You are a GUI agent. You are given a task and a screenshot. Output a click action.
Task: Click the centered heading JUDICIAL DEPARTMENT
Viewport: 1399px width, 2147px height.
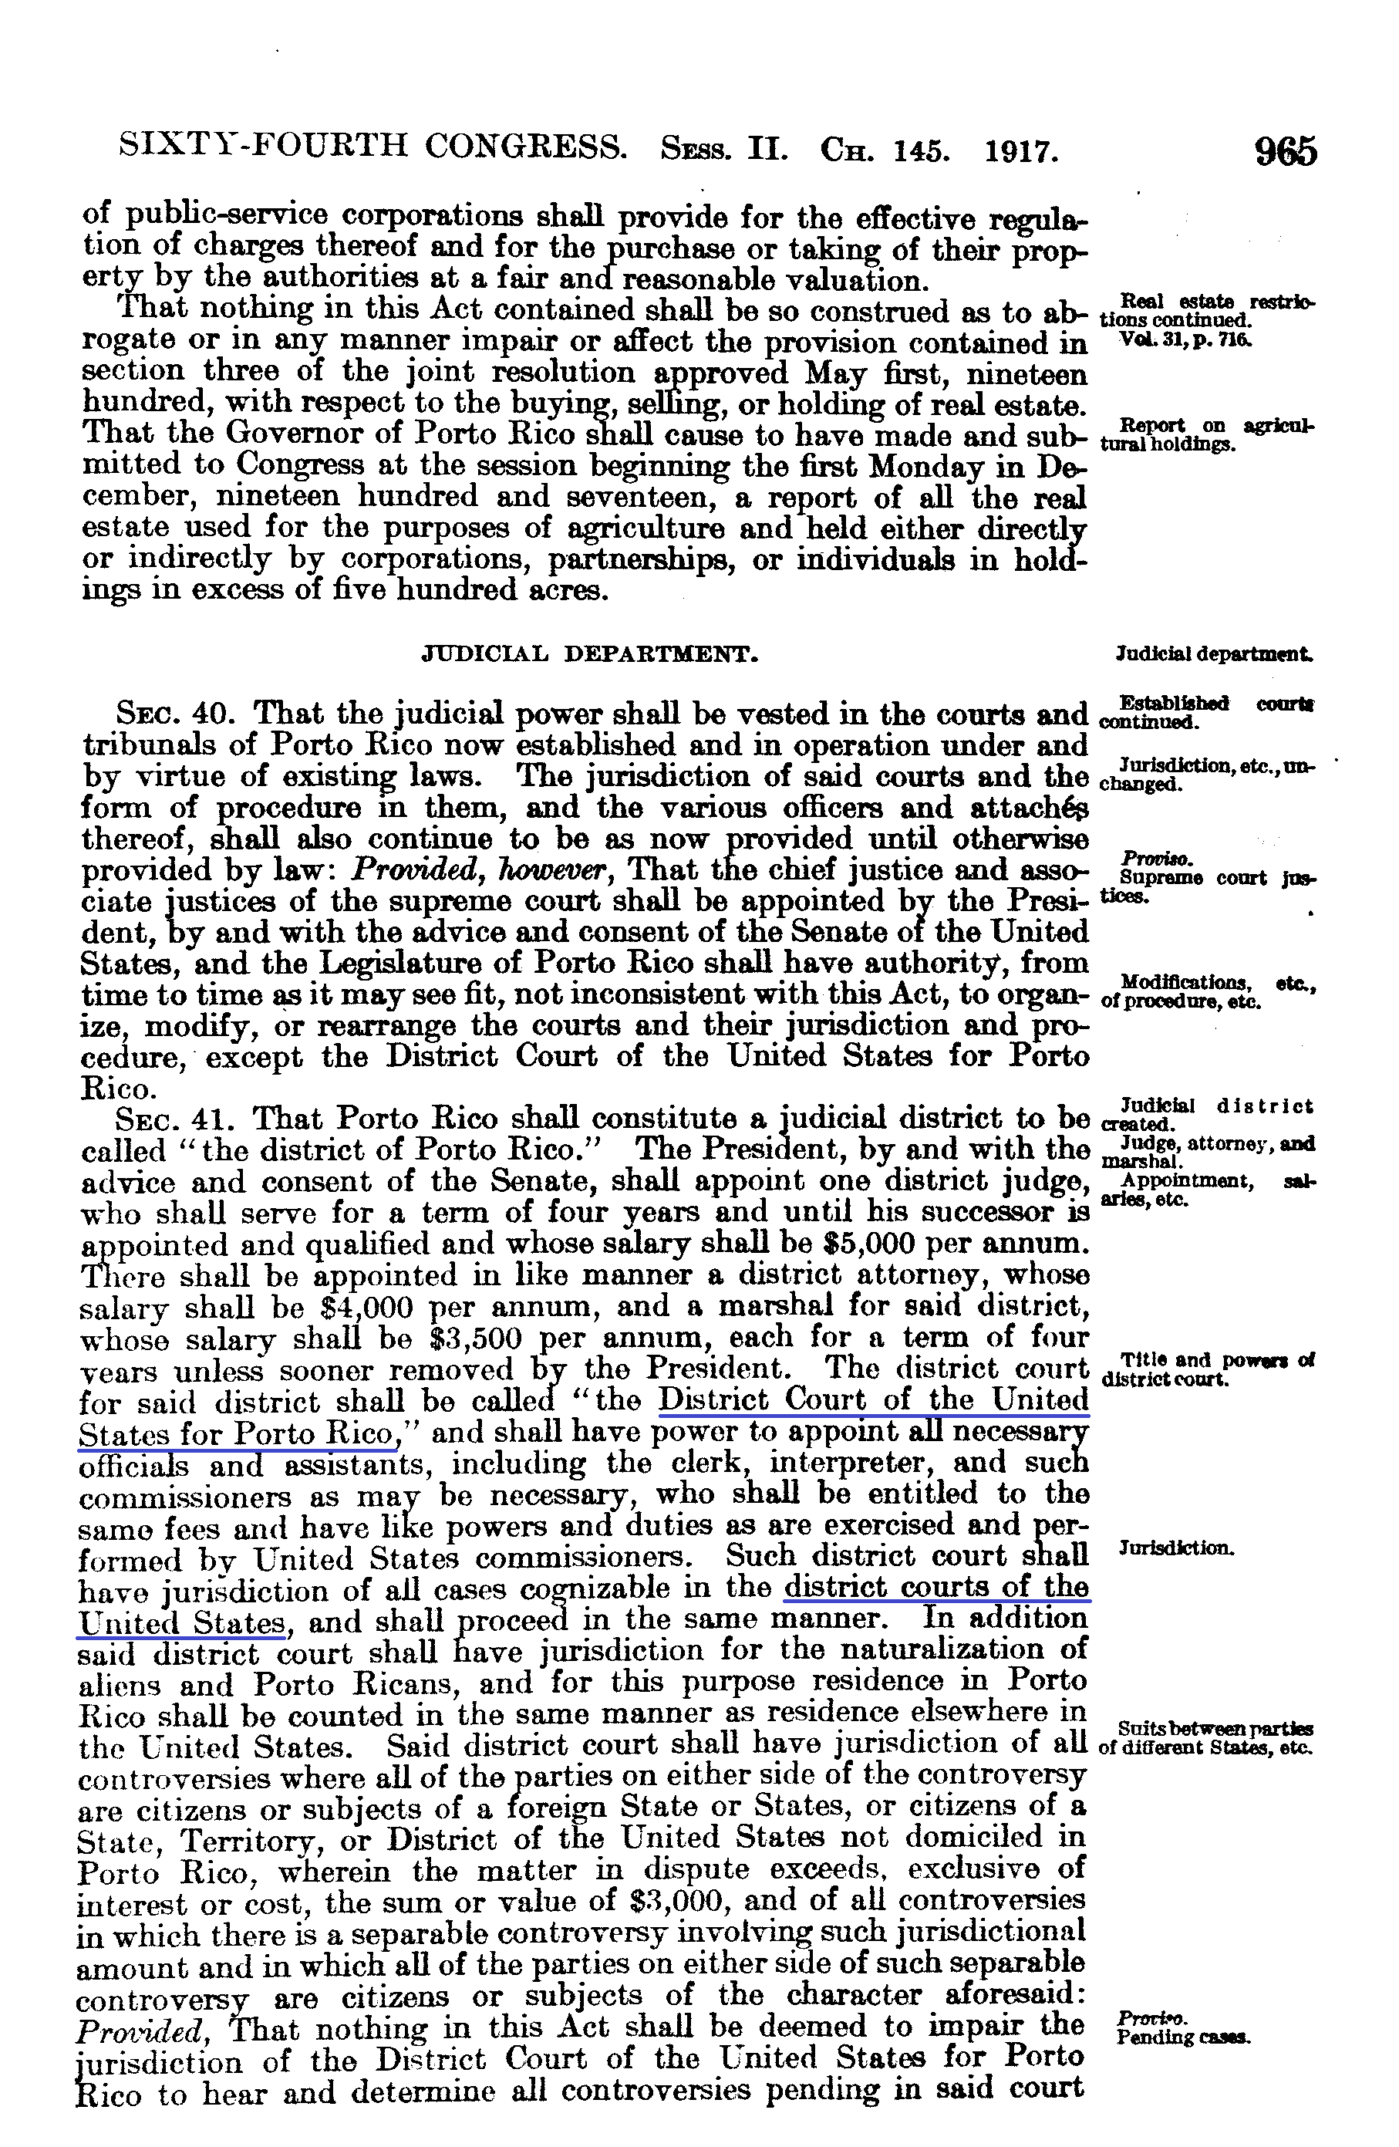tap(590, 654)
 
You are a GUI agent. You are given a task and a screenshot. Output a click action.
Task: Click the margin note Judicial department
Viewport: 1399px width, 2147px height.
tap(1212, 654)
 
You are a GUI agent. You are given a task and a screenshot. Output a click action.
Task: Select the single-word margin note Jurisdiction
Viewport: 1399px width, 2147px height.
tap(1175, 1549)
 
